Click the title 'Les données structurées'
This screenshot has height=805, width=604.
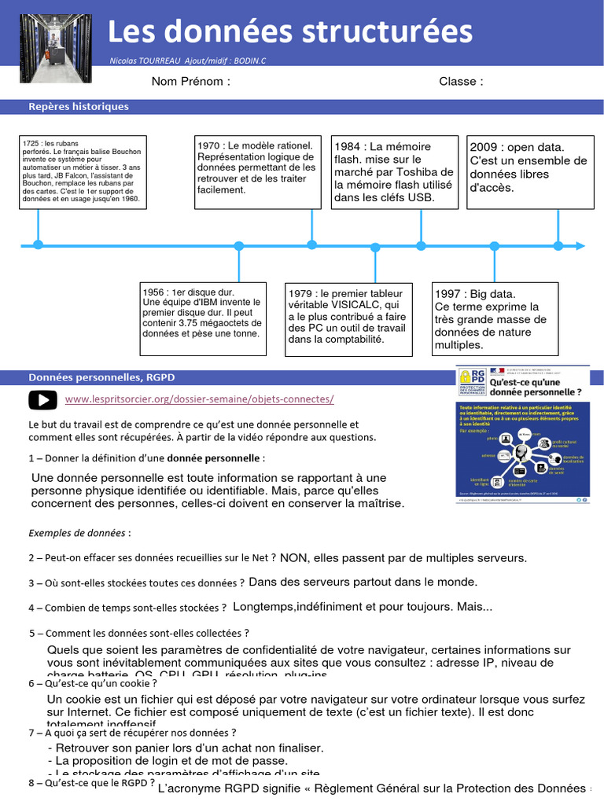click(x=289, y=32)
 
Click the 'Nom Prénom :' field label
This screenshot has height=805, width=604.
click(x=191, y=82)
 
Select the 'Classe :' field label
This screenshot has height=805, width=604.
click(x=461, y=82)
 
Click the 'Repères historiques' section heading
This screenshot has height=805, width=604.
click(x=79, y=107)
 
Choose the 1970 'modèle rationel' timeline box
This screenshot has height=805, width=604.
click(x=257, y=171)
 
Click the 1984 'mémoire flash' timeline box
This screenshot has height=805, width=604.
click(x=394, y=171)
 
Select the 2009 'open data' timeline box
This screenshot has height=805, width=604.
click(x=530, y=171)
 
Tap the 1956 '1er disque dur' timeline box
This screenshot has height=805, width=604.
click(x=202, y=313)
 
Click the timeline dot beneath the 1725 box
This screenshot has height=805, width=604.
click(x=38, y=245)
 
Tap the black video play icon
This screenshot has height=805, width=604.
click(x=43, y=399)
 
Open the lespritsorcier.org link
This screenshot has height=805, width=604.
click(x=200, y=399)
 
